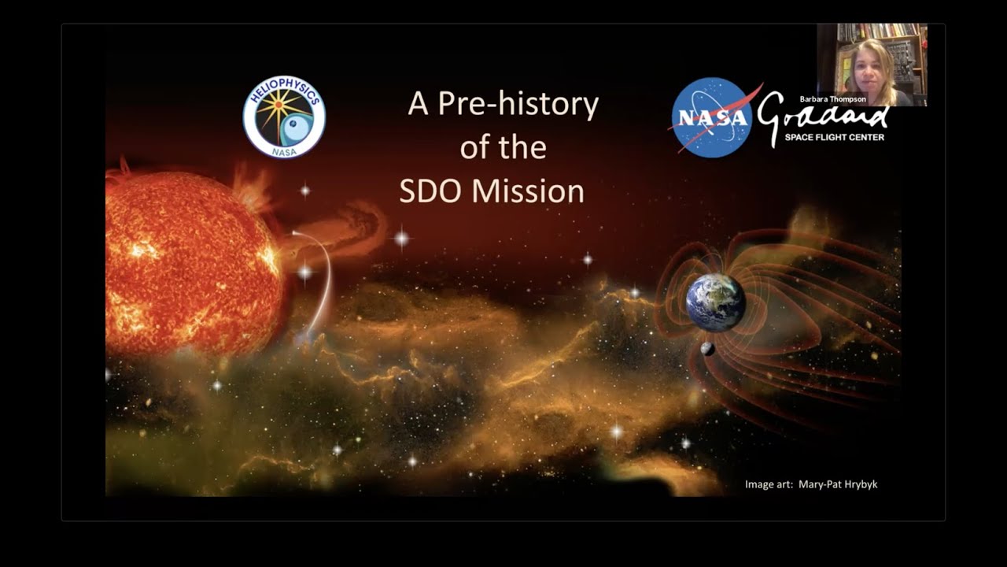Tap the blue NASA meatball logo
click(x=712, y=117)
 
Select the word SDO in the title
click(x=431, y=191)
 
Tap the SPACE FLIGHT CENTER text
click(x=834, y=137)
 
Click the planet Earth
click(x=715, y=302)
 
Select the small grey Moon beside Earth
click(x=707, y=349)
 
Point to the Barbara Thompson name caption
click(x=832, y=99)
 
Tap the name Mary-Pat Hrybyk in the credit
click(x=838, y=484)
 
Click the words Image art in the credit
click(x=769, y=484)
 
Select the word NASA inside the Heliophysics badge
click(x=284, y=151)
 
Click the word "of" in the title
click(x=476, y=148)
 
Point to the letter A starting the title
click(x=418, y=104)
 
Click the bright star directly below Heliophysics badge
click(x=304, y=191)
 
